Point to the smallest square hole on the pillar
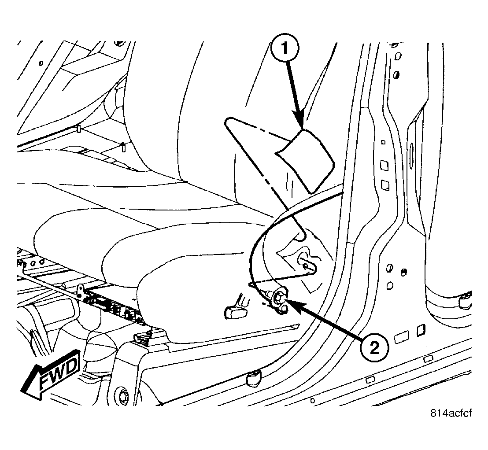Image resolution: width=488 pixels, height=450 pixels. (x=383, y=142)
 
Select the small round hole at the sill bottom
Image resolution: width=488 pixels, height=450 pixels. (x=312, y=400)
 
